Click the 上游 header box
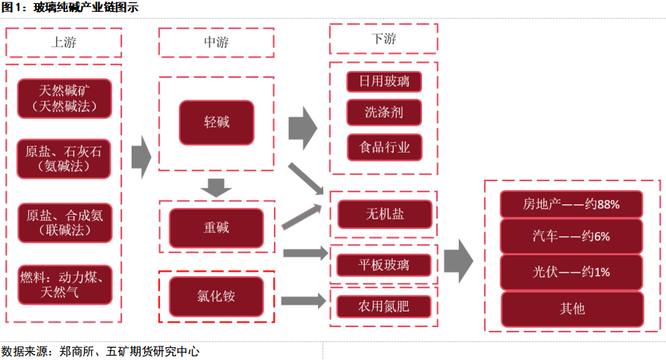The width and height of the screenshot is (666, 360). point(64,42)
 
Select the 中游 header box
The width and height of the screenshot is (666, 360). point(216,42)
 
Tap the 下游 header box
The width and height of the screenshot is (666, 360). point(383,39)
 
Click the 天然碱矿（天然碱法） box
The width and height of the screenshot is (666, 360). point(64,98)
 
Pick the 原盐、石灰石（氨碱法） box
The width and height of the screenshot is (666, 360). point(64,158)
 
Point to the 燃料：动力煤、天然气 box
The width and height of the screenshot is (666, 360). point(64,284)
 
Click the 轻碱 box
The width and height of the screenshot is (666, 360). point(216,123)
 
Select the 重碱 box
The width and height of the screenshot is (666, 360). point(216,228)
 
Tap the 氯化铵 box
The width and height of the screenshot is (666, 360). point(216,296)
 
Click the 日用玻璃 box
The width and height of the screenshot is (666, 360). point(383,80)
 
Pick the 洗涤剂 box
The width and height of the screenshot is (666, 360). point(383,113)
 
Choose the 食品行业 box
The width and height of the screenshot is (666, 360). point(383,147)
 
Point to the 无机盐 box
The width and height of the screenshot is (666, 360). point(385,214)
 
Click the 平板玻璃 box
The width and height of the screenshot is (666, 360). point(384,264)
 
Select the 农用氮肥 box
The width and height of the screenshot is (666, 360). point(384,305)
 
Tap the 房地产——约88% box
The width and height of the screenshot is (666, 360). point(572,203)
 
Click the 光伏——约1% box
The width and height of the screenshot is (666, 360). point(572,272)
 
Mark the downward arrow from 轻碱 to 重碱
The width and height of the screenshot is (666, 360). point(216,186)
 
